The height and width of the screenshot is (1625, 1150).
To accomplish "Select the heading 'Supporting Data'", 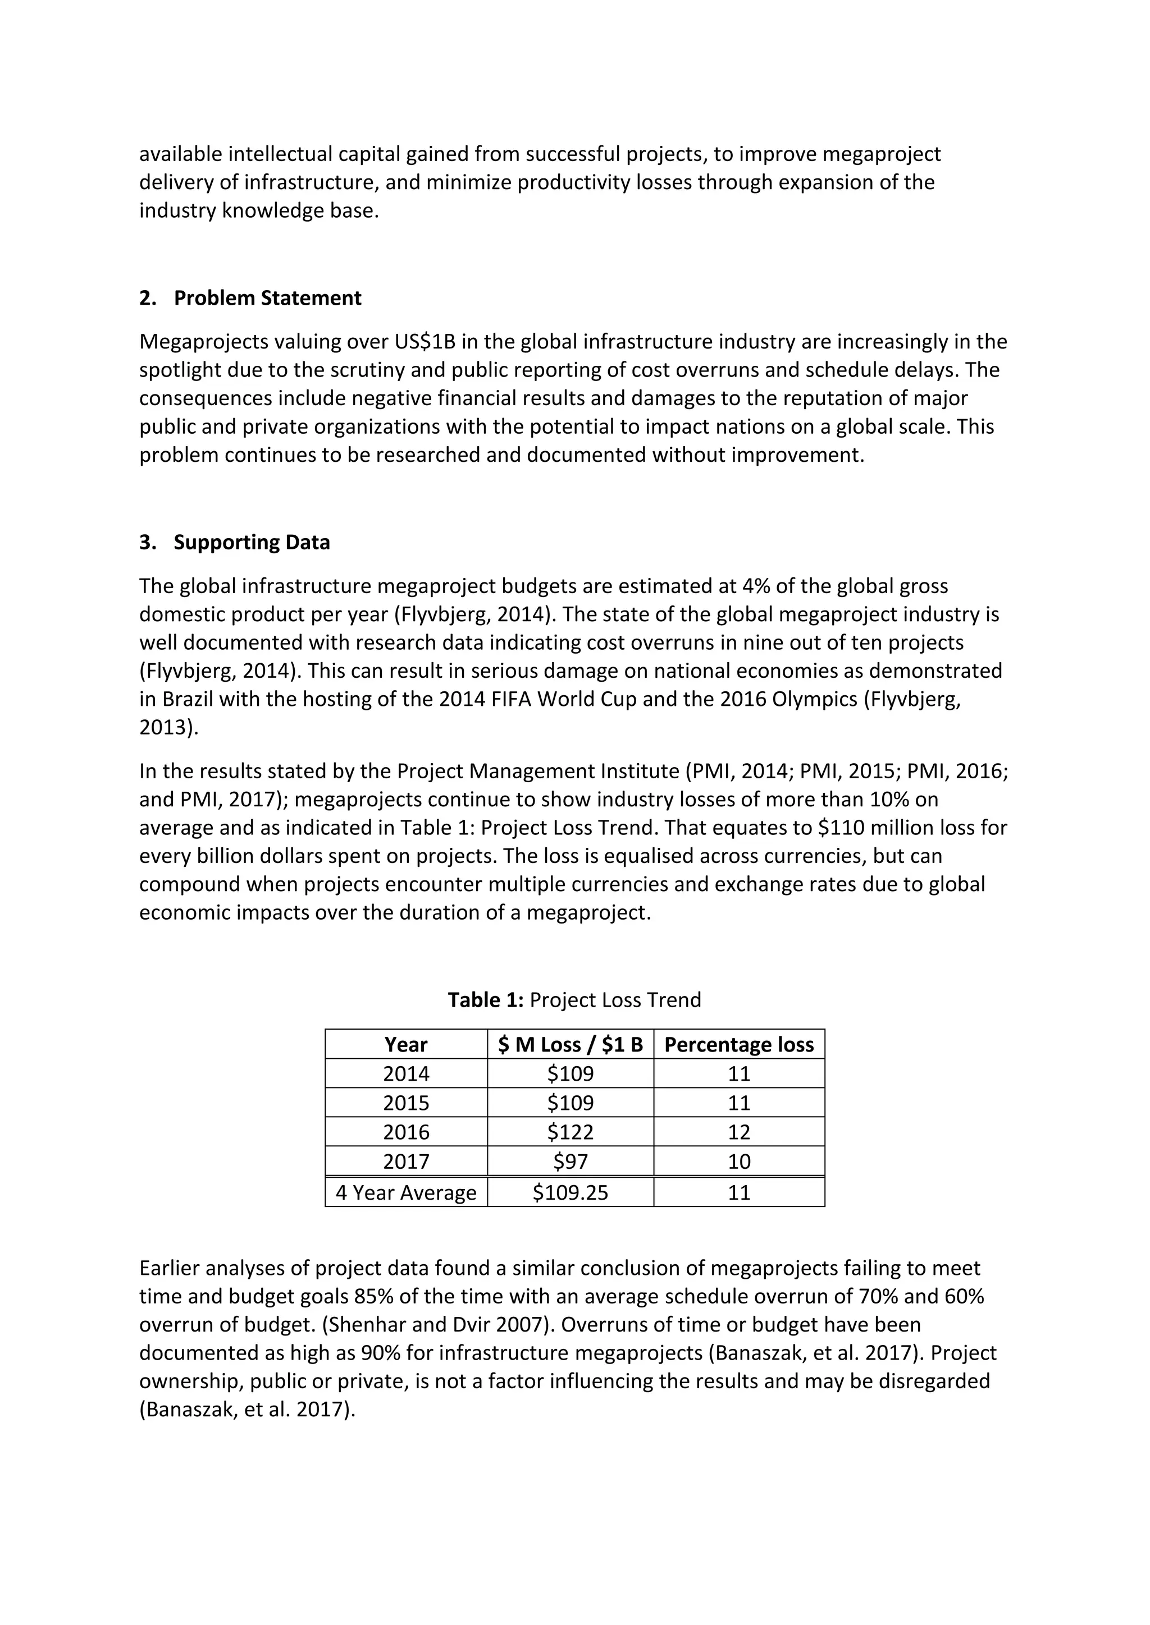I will pos(252,542).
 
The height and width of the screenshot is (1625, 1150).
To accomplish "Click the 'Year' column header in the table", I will pos(406,1045).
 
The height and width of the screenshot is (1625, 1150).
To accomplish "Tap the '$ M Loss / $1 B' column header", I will pos(570,1045).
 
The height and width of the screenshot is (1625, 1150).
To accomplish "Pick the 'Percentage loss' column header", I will pos(738,1045).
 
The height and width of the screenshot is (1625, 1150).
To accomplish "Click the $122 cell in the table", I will pos(570,1132).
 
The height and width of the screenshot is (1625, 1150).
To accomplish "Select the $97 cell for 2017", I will pos(570,1161).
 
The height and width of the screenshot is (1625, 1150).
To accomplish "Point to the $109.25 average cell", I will pos(570,1192).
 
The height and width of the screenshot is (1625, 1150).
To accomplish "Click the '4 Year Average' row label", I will pos(406,1192).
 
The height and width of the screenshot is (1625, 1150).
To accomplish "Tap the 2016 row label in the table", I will pos(406,1132).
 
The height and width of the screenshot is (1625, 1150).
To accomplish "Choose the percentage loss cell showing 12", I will pos(738,1132).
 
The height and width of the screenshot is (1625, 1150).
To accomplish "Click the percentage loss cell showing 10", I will pos(738,1161).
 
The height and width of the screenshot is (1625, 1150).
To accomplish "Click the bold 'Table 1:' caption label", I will pos(486,1000).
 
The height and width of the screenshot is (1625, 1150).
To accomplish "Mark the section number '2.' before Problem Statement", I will pos(147,298).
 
